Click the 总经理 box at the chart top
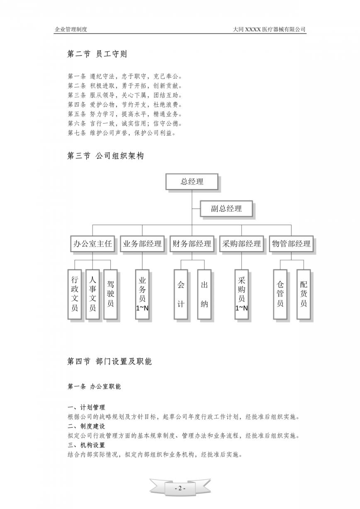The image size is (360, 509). [192, 182]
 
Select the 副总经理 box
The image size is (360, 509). [226, 208]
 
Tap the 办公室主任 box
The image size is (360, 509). [92, 244]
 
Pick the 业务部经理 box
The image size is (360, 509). [142, 244]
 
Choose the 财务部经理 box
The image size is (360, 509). [192, 244]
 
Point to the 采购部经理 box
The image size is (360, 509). [241, 244]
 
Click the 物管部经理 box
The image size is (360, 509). [291, 244]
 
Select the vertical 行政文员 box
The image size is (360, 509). [75, 294]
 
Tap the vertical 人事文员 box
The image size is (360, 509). [92, 294]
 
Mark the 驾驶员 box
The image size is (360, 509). [110, 294]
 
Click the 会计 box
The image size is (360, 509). [181, 294]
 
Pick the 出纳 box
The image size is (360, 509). [204, 294]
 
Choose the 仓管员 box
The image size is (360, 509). [280, 294]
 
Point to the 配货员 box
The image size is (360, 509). [304, 294]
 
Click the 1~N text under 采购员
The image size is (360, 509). [241, 308]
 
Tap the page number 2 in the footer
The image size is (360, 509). [180, 488]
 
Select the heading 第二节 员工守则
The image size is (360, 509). [97, 54]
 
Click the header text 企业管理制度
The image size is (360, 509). [71, 29]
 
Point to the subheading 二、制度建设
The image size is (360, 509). [86, 426]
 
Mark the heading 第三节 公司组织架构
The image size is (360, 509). [105, 156]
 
